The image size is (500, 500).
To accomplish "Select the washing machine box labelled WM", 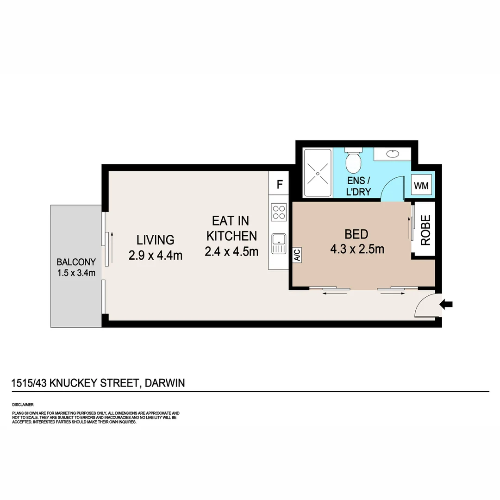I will pos(421,186).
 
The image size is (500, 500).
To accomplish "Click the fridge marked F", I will pos(279,184).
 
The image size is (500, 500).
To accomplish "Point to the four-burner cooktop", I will pos(279,212).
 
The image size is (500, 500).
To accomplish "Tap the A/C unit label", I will pos(297,255).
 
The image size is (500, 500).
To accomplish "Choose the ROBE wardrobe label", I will pos(425,230).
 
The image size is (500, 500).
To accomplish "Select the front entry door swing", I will pos(425,305).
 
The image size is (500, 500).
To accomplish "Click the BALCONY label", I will pos(76,261).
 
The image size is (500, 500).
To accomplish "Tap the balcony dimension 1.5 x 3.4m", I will pos(76,273).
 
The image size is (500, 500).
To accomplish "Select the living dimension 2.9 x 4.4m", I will pos(156,255).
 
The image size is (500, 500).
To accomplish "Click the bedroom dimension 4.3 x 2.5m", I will pos(357,249).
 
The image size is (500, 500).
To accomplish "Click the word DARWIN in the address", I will pos(165,383).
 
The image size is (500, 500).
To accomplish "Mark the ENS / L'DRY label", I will pos(359,186).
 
